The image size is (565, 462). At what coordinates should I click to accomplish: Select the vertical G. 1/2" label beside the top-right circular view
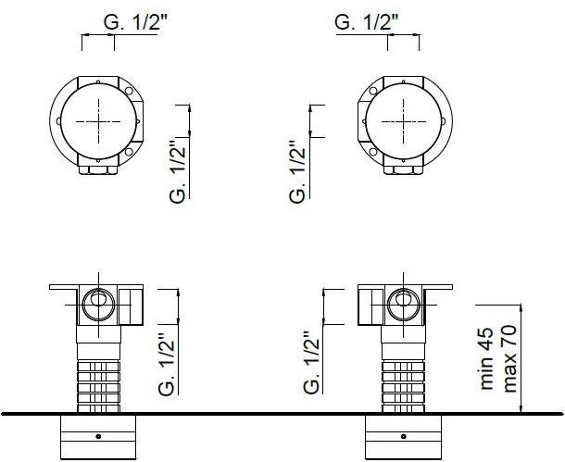297,170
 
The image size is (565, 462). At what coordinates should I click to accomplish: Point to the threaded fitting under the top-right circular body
404,169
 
